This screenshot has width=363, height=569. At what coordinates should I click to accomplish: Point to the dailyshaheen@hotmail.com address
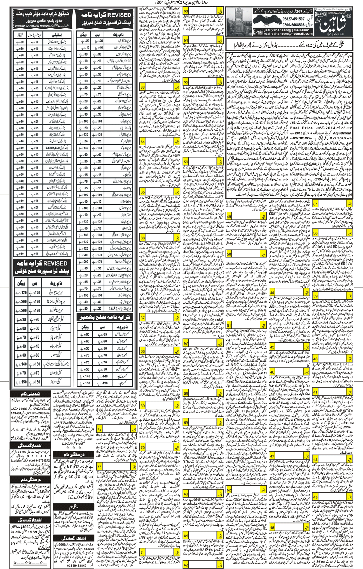289,33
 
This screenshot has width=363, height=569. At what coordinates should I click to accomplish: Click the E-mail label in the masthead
258,32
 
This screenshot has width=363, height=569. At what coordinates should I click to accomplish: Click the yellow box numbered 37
315,204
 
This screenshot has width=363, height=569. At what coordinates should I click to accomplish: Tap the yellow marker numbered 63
143,87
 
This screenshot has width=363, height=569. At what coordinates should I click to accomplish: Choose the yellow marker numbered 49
229,217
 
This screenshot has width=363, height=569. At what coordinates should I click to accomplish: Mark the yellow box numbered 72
100,429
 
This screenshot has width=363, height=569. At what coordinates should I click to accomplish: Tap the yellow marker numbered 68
143,351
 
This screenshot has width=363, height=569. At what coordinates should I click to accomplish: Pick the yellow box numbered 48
272,528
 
